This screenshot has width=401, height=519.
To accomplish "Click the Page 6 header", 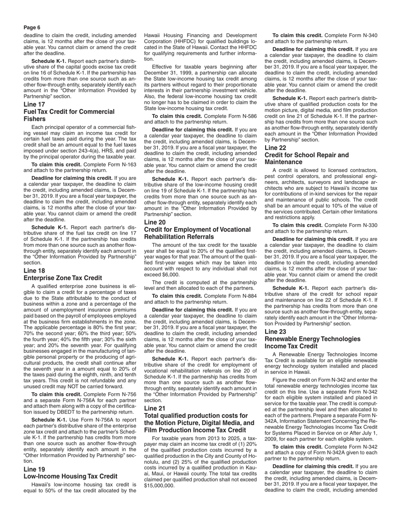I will tap(32, 27).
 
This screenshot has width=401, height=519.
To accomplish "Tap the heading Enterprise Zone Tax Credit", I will tap(62, 278).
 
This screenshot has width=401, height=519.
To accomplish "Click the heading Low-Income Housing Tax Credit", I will tap(70, 476).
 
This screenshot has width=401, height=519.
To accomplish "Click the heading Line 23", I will tap(275, 332).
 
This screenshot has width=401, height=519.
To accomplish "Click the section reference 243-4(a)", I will tap(89, 151).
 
